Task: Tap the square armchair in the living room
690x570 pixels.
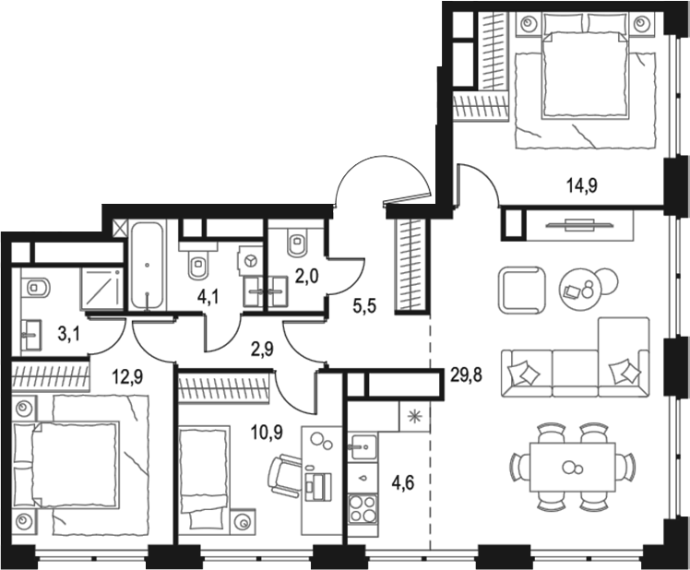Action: (x=522, y=290)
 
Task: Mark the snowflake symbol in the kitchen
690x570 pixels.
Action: (x=411, y=416)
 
